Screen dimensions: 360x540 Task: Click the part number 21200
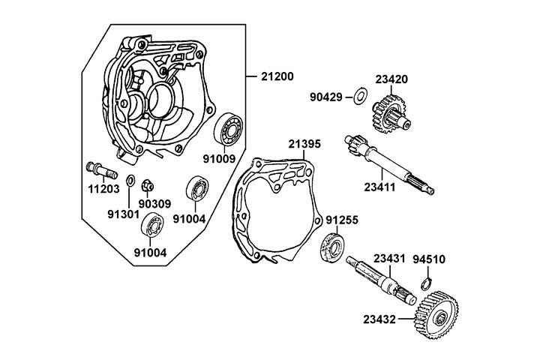[277, 76]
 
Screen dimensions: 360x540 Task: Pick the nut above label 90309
[147, 182]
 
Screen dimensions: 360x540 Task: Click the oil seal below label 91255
[332, 247]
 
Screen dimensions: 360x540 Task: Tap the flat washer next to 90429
[359, 95]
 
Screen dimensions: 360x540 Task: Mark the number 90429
[328, 97]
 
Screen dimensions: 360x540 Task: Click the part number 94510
[429, 260]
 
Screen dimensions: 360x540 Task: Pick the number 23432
[381, 319]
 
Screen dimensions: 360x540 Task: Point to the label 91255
[343, 221]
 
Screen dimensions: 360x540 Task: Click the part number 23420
[391, 77]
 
